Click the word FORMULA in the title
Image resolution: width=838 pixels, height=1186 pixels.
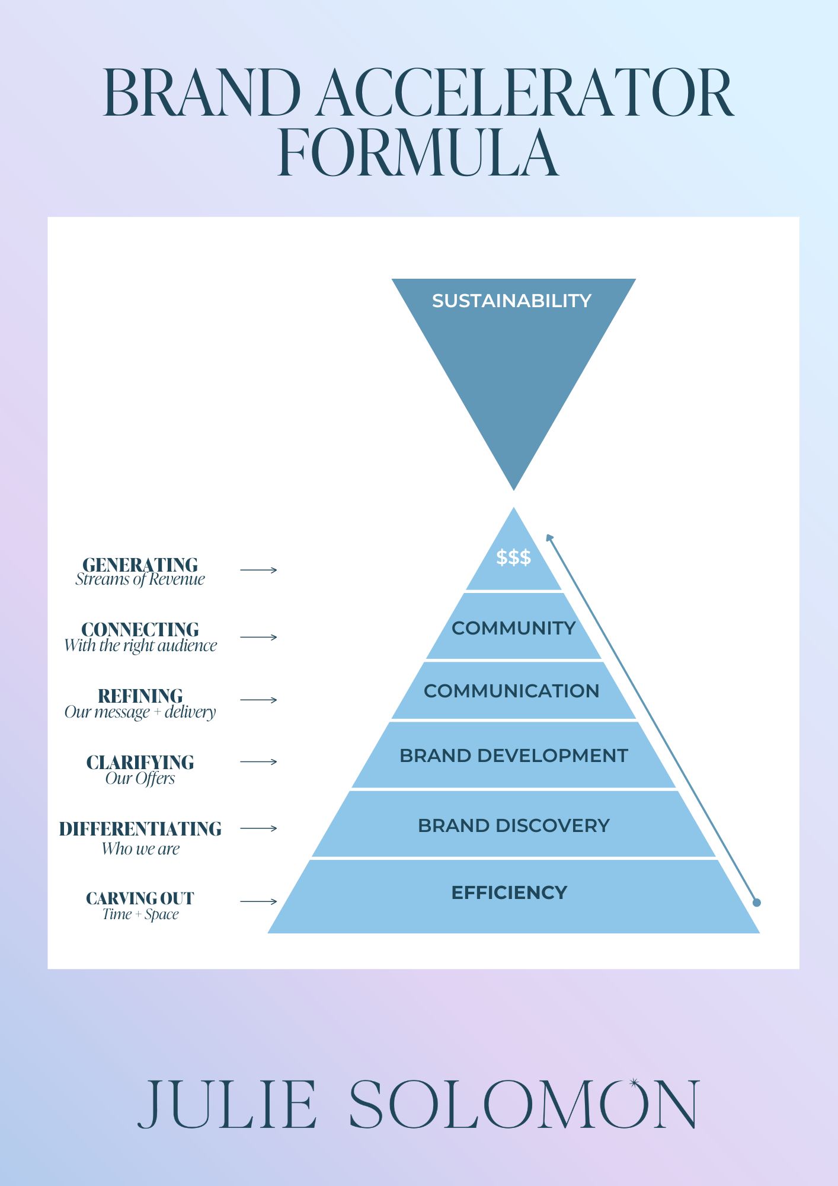(418, 152)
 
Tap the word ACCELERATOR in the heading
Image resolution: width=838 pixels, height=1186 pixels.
(525, 93)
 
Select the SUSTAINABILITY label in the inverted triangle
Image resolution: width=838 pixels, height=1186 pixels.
(511, 301)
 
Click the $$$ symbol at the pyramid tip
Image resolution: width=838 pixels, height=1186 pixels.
(514, 557)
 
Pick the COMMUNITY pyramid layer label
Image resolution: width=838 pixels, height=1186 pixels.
(514, 628)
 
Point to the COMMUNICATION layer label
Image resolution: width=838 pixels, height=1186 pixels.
(511, 691)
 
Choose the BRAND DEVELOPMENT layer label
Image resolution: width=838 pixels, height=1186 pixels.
(514, 755)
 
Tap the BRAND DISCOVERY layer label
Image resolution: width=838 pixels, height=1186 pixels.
(514, 825)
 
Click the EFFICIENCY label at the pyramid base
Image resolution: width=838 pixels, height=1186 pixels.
(510, 892)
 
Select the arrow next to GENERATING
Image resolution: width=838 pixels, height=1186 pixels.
(259, 570)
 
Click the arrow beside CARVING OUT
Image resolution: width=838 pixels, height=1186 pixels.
(259, 901)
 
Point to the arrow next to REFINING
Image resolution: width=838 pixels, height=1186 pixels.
(259, 700)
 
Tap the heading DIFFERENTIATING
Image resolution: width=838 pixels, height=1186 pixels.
(140, 829)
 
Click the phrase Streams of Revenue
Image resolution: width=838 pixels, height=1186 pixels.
(140, 579)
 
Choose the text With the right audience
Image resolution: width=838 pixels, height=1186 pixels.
(140, 646)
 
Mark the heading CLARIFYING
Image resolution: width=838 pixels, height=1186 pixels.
(140, 762)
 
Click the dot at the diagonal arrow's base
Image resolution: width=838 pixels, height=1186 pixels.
(756, 903)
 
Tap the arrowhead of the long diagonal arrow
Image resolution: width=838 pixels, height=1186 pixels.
(549, 537)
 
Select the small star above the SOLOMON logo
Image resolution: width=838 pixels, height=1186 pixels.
(634, 1083)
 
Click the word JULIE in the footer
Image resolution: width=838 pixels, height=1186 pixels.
(227, 1104)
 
